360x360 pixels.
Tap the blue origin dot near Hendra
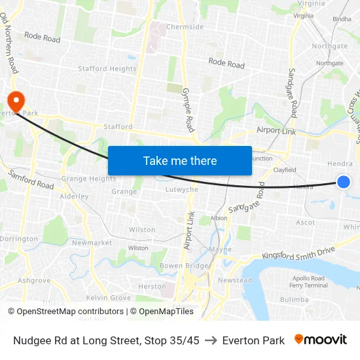343,181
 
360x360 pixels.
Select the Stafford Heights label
107,68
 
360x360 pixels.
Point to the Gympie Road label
189,109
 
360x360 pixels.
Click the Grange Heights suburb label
88,178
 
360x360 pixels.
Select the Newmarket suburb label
92,242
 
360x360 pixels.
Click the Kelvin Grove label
109,298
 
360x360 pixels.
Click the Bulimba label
294,299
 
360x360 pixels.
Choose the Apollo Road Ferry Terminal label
308,281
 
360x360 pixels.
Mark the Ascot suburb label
305,223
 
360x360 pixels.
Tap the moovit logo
321,340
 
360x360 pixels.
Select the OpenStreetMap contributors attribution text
65,312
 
